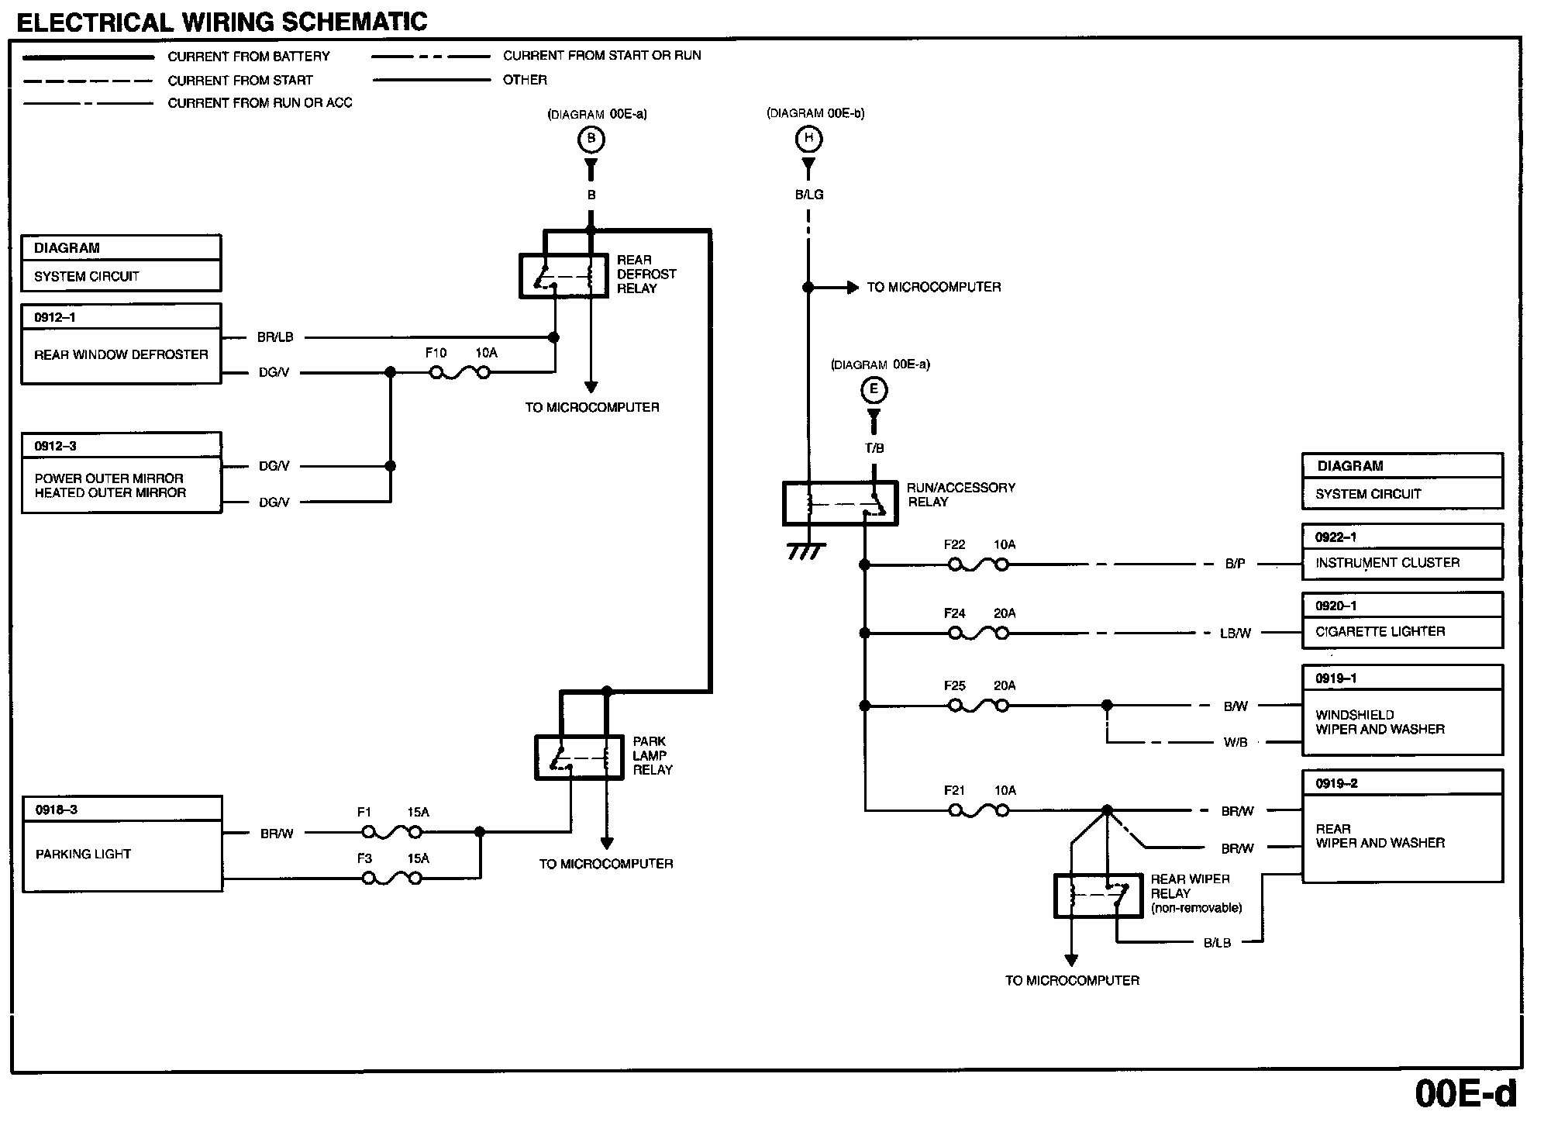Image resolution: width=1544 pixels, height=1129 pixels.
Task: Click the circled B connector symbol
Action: point(591,140)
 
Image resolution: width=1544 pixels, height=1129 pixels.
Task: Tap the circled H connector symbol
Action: point(808,139)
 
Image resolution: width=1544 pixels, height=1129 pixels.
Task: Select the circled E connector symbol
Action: point(874,390)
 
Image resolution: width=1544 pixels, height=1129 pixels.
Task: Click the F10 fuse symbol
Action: point(460,373)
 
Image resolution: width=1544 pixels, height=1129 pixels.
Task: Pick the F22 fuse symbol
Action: point(978,565)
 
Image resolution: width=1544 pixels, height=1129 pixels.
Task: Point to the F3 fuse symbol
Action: point(392,879)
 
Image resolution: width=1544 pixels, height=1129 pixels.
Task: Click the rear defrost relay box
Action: point(563,275)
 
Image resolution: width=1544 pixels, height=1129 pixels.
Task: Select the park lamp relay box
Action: point(579,757)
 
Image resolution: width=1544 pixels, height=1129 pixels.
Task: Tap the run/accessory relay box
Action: point(840,504)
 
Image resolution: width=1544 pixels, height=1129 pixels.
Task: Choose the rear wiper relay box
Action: point(1098,896)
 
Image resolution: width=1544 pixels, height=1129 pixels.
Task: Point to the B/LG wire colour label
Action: point(809,195)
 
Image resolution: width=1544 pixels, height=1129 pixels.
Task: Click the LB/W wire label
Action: point(1236,634)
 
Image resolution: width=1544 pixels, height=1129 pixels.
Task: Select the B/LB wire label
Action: point(1217,943)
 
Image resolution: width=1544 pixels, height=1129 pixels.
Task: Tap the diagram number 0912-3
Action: point(55,446)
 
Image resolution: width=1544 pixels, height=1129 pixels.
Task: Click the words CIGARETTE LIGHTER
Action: point(1380,631)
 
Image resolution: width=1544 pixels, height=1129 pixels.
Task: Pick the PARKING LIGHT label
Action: point(83,854)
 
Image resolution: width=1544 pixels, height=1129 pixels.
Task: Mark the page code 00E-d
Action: point(1465,1093)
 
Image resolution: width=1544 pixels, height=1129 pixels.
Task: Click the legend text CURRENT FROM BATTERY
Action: point(248,57)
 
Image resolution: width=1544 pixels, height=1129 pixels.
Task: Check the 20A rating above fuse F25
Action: point(1005,685)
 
